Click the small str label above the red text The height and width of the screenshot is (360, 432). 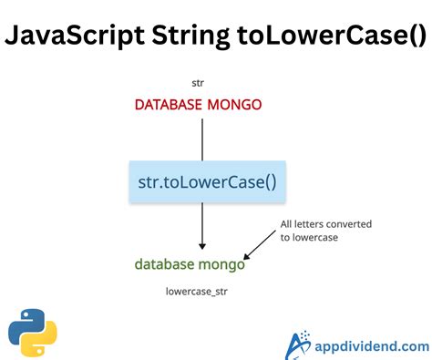click(x=198, y=83)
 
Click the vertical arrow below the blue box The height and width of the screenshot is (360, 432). click(x=201, y=228)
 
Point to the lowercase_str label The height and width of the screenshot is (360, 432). click(x=199, y=293)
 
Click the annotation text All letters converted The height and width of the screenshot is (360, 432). click(x=325, y=223)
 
